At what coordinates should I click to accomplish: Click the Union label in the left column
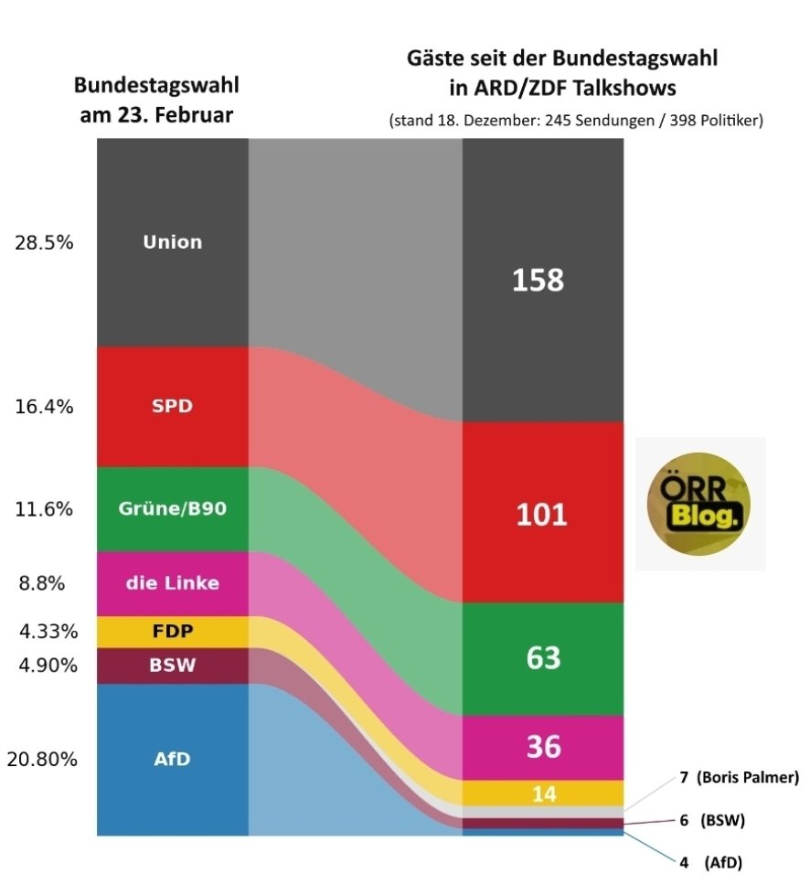click(x=173, y=243)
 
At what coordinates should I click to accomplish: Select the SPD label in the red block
click(x=173, y=406)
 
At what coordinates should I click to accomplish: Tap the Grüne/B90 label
click(x=173, y=509)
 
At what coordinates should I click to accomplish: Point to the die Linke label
click(x=173, y=582)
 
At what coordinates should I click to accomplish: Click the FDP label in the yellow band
click(x=173, y=632)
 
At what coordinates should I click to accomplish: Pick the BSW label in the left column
click(x=173, y=665)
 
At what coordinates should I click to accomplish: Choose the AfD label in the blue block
click(x=173, y=759)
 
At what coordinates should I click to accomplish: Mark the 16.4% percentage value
click(x=45, y=407)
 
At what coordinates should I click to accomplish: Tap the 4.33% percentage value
click(x=45, y=632)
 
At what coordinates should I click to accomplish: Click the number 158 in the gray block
click(x=538, y=280)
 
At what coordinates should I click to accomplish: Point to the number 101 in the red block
click(x=542, y=514)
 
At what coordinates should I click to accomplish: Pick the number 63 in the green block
click(x=543, y=658)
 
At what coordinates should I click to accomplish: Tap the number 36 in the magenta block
click(x=543, y=748)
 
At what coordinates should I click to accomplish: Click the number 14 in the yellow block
click(x=544, y=794)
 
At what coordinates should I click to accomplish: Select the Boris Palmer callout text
click(x=740, y=778)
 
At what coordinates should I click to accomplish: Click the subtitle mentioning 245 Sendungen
click(x=575, y=121)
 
